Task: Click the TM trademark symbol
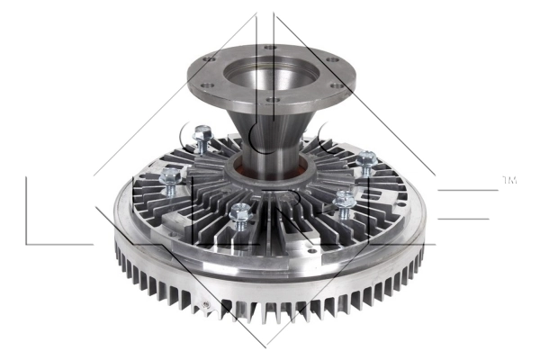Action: pyautogui.click(x=508, y=182)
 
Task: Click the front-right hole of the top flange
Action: pyautogui.click(x=334, y=86)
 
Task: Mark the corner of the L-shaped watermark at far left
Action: pyautogui.click(x=28, y=244)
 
